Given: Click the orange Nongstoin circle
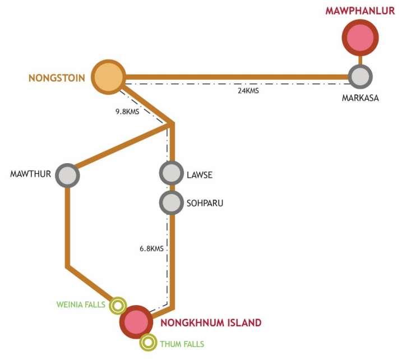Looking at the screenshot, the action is click(x=109, y=76).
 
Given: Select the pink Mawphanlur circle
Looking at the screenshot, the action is click(x=360, y=38).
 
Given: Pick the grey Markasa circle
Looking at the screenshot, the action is click(x=359, y=76).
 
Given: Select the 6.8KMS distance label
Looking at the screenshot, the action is click(x=151, y=248).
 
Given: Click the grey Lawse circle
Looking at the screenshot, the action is click(x=170, y=173).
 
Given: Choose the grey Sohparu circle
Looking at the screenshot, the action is click(x=170, y=202).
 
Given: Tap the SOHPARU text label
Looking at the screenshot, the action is click(x=205, y=203).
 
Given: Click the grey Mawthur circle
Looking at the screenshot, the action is click(x=68, y=174).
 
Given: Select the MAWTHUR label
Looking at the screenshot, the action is click(x=31, y=174).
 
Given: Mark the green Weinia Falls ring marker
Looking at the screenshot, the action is click(x=117, y=306).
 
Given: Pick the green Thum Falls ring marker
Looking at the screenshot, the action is click(x=148, y=342).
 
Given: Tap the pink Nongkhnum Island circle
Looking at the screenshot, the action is click(x=136, y=322).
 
